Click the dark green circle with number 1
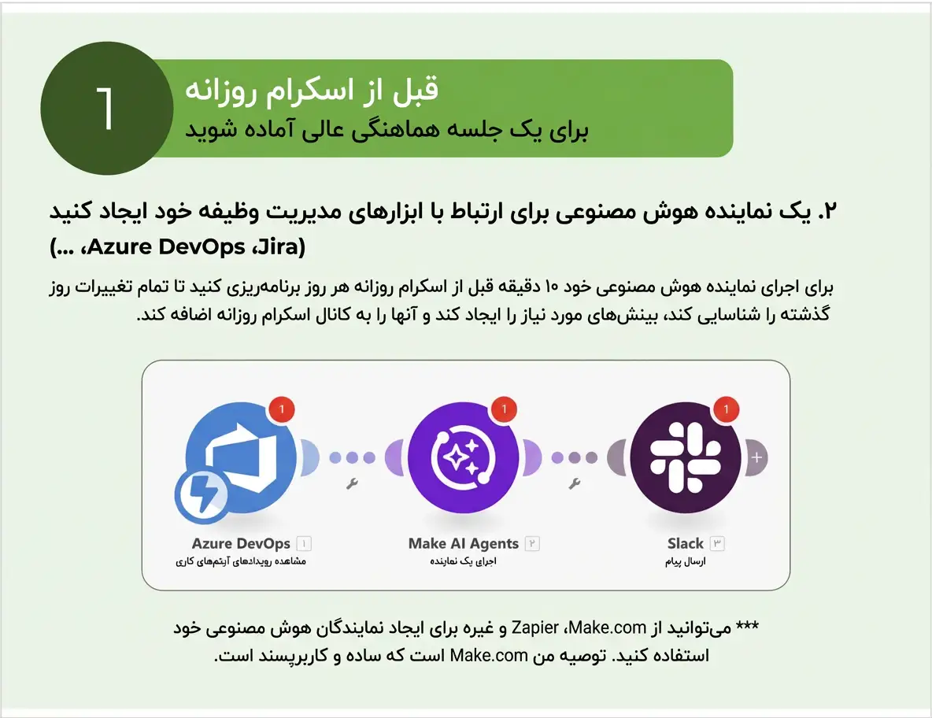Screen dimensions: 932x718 107,108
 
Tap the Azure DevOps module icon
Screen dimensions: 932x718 241,457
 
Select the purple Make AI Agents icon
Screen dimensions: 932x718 463,457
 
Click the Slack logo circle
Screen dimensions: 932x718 686,457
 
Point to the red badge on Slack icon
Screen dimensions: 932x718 726,409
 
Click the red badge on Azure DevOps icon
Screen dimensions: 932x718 282,409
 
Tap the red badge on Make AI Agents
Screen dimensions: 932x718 504,409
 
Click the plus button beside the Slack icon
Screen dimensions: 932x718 756,457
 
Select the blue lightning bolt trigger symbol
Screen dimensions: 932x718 202,495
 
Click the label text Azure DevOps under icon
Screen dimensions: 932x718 241,543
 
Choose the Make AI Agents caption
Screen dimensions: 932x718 463,543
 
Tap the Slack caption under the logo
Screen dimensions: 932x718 686,543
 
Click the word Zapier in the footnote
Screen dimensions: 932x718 535,627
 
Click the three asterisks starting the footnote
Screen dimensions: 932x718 747,626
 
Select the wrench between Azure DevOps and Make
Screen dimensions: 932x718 352,484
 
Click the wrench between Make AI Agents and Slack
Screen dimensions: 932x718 574,484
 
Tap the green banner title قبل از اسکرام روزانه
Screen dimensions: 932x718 312,91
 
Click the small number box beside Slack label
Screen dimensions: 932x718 717,543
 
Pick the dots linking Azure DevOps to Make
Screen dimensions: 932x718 352,457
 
